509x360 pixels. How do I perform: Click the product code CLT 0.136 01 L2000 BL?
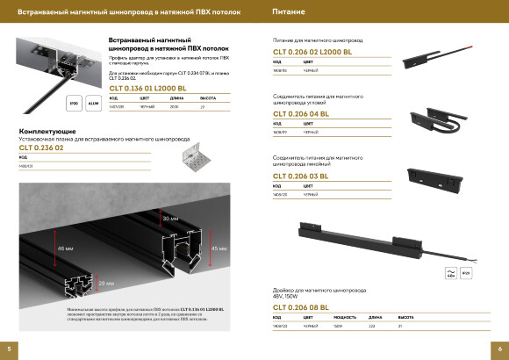tap(147, 89)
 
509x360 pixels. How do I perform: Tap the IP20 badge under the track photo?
tap(74, 104)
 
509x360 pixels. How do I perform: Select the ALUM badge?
tap(91, 104)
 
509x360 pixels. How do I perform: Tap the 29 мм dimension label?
tap(104, 283)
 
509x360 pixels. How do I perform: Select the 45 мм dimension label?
tap(221, 248)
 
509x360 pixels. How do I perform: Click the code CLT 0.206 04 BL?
tap(301, 114)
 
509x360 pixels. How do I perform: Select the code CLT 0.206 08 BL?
tap(301, 306)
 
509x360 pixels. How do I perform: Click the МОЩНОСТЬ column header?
tap(346, 317)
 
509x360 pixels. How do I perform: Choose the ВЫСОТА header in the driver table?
tap(406, 317)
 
